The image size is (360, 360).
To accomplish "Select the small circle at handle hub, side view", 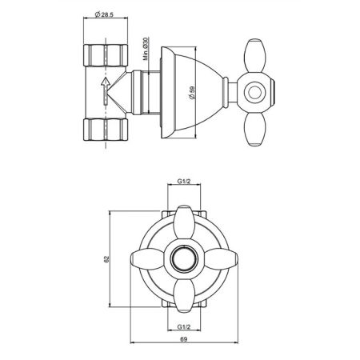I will click(255, 93).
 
